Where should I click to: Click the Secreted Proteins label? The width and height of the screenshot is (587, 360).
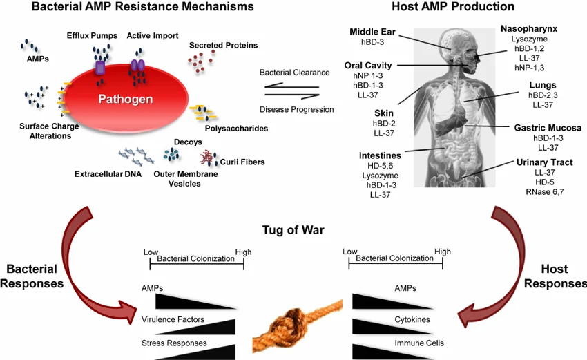pyautogui.click(x=223, y=46)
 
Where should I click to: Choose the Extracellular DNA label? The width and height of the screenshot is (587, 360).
pyautogui.click(x=108, y=174)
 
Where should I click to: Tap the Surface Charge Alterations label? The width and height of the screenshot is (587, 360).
pyautogui.click(x=46, y=131)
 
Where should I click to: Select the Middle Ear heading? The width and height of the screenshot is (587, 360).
pyautogui.click(x=372, y=32)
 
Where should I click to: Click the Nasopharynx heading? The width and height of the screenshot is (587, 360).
pyautogui.click(x=529, y=29)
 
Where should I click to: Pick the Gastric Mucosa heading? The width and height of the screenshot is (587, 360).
pyautogui.click(x=548, y=128)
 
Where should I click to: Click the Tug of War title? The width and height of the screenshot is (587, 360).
pyautogui.click(x=293, y=230)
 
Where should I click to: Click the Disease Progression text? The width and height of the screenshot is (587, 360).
pyautogui.click(x=296, y=109)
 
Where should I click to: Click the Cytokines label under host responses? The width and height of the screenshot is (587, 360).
pyautogui.click(x=412, y=319)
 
